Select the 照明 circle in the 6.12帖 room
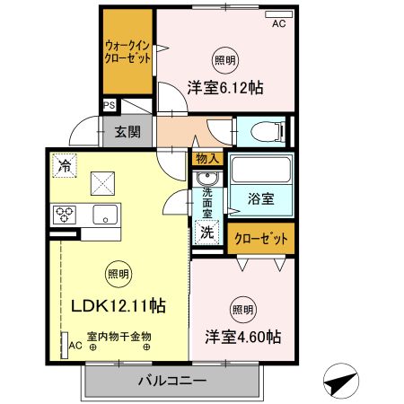(x=225, y=60)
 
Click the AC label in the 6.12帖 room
(x=278, y=24)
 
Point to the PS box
(x=109, y=105)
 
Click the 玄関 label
(x=127, y=132)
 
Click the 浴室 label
(x=261, y=196)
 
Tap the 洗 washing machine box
(x=206, y=232)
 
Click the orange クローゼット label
(x=261, y=239)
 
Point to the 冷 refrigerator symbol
(x=64, y=164)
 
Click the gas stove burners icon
(x=65, y=215)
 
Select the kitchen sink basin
(x=104, y=215)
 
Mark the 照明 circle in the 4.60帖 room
(x=242, y=310)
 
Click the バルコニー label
(x=171, y=381)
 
